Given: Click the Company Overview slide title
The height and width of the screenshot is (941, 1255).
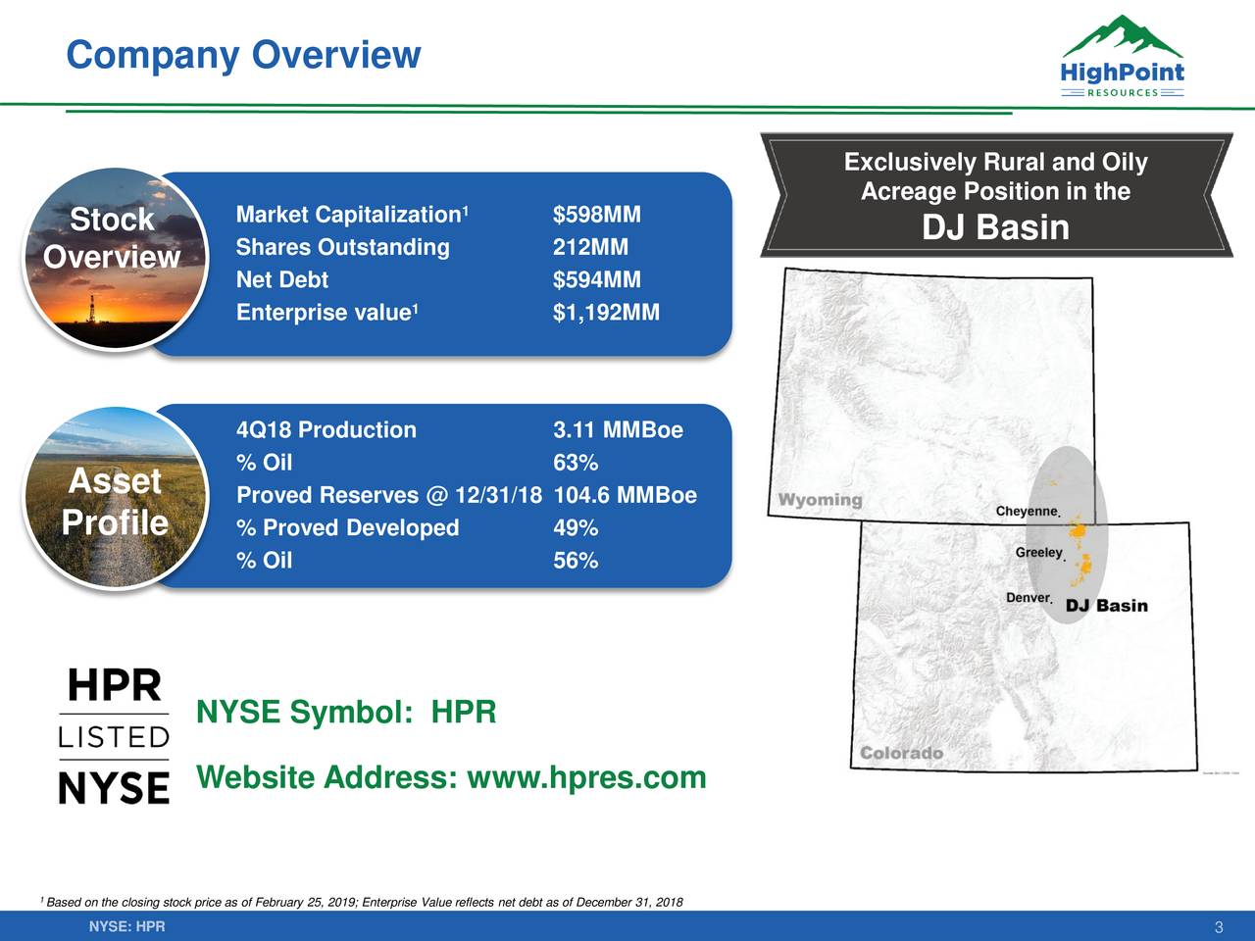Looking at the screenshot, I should [x=243, y=55].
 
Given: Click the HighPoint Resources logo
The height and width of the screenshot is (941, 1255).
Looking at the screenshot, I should [x=1122, y=58].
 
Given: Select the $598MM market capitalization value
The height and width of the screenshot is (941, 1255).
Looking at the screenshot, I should [x=596, y=215].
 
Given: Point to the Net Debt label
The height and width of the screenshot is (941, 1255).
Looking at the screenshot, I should [x=282, y=280].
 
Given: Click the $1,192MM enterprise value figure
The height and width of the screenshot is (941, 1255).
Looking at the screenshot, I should [x=606, y=313].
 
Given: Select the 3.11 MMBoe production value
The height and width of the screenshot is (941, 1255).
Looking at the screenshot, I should [x=618, y=430].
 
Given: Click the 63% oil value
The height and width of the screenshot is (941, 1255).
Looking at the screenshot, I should [x=576, y=463].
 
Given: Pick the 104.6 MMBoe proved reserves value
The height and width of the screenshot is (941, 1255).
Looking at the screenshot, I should [x=625, y=495].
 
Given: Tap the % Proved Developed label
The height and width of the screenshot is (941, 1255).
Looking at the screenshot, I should [x=347, y=528].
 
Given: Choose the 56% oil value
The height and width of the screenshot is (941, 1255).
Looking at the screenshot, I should [x=576, y=561].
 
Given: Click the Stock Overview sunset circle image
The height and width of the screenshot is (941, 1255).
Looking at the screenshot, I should [x=112, y=258].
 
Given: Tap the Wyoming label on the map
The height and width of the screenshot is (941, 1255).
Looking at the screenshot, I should [x=820, y=500].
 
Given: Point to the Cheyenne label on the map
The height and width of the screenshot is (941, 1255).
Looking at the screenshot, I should [x=1027, y=512].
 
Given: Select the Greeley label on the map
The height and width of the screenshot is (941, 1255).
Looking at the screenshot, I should [x=1038, y=553].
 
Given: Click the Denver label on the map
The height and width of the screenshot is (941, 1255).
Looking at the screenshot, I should [x=1028, y=598].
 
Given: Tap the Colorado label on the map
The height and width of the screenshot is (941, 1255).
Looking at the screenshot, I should [x=901, y=753].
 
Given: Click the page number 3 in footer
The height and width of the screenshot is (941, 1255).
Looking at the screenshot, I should [x=1218, y=928].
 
